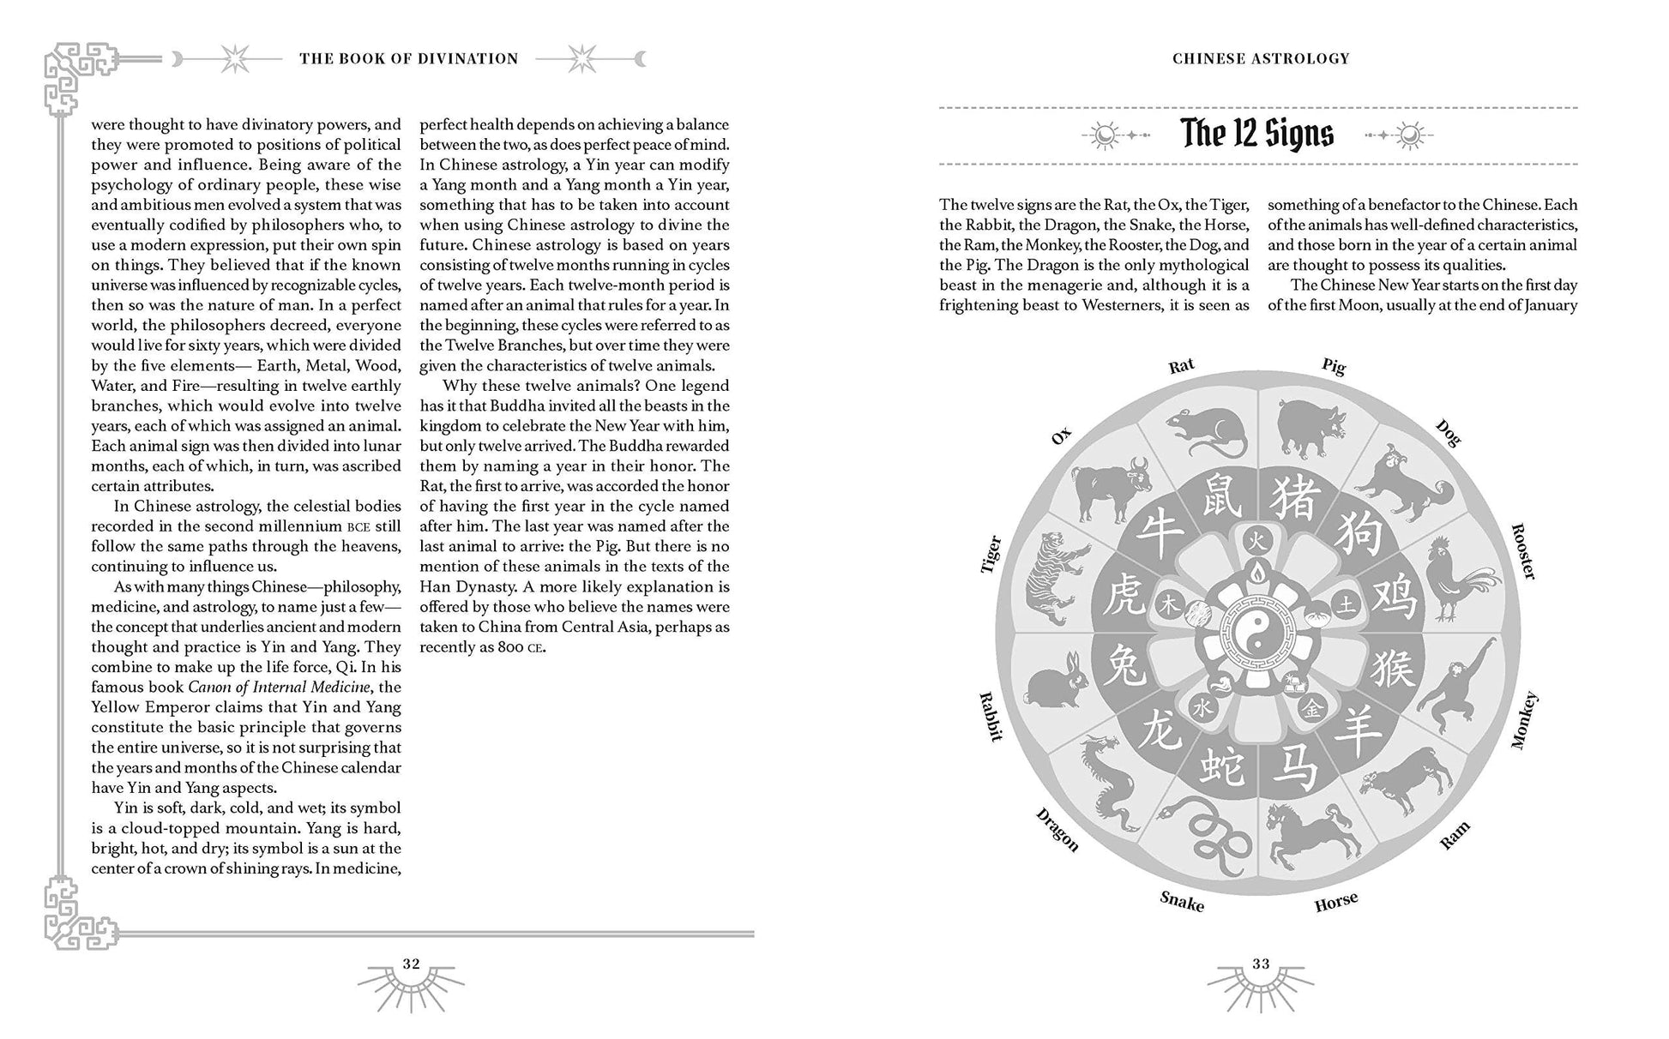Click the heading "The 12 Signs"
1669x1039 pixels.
1257,134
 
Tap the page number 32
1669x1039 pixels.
412,964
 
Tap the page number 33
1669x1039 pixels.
1260,964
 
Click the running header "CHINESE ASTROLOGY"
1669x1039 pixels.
1261,58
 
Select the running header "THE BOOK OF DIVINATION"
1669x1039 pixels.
409,58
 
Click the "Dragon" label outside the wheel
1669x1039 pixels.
1057,829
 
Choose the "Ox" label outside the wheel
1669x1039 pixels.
1062,436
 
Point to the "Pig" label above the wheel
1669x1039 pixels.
1334,366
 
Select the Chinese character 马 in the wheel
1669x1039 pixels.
1293,766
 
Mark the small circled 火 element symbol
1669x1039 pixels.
1256,541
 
